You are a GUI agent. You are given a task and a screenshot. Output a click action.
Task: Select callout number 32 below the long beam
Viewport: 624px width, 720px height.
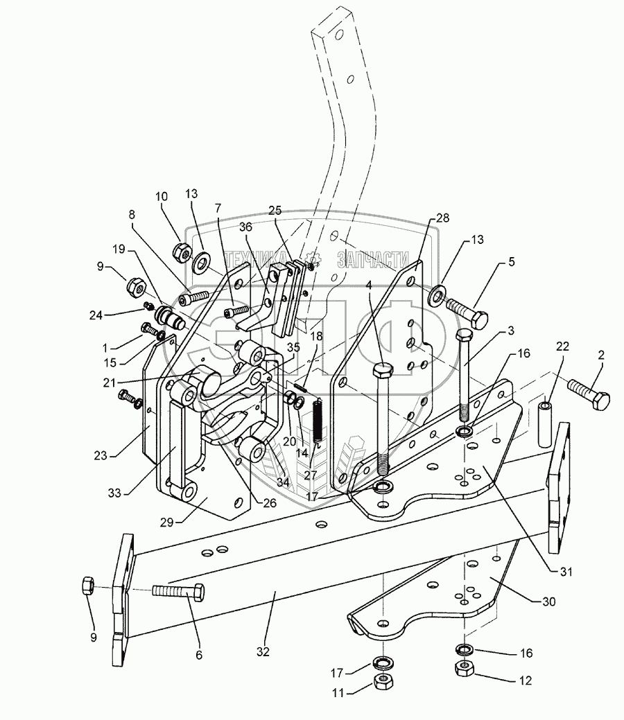263,651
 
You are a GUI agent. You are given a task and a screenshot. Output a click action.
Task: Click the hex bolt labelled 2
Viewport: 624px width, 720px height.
589,393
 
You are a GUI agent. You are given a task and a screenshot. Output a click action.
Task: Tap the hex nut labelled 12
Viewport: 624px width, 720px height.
463,669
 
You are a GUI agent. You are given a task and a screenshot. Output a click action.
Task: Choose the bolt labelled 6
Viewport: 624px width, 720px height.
179,592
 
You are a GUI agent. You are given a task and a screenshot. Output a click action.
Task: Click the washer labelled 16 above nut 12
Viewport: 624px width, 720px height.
463,649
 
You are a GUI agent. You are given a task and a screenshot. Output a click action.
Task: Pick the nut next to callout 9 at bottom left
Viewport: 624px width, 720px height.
88,586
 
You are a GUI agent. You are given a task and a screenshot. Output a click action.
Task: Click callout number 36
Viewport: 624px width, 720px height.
245,227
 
